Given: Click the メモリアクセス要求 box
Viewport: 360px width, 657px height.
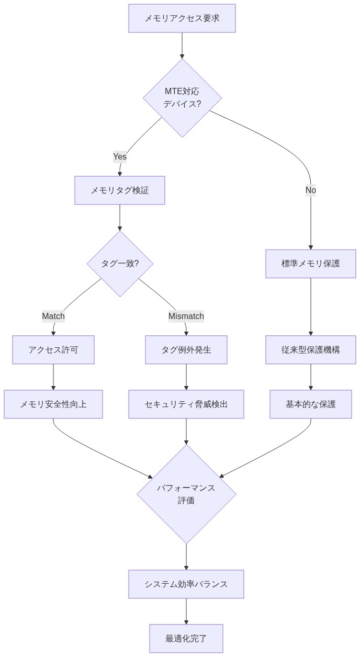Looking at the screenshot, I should point(182,18).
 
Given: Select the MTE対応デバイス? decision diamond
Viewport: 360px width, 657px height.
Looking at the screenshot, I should point(182,98).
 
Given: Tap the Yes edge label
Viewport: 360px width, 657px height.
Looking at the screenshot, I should point(120,156).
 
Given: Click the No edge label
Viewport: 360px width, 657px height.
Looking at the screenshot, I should point(311,190).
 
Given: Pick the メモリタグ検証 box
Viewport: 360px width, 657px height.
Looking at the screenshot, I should point(120,190).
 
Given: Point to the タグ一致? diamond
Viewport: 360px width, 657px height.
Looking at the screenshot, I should point(120,264).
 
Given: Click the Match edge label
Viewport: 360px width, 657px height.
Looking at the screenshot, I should point(53,316).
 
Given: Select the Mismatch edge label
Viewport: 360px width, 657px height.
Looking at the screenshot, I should point(186,316).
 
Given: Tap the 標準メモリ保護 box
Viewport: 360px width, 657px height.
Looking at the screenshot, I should point(311,264).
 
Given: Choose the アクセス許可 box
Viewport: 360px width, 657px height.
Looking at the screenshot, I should point(53,349).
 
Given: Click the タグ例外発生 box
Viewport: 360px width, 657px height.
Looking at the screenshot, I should point(186,349).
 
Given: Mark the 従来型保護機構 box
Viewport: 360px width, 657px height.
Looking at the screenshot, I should point(311,349).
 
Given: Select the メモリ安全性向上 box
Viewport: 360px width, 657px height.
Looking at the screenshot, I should point(53,404).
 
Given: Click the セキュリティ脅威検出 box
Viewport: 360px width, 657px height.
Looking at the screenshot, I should point(186,404).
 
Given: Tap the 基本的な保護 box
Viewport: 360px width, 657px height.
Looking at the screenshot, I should point(311,404).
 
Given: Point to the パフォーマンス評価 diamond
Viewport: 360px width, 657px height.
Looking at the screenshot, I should point(186,494).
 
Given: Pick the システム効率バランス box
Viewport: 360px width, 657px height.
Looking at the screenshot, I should point(186,584).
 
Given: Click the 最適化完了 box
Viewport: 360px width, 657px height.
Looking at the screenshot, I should point(186,638).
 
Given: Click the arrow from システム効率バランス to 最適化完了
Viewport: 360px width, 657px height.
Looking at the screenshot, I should point(186,611).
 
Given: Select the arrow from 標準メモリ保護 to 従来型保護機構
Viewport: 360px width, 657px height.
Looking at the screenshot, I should point(311,307).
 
